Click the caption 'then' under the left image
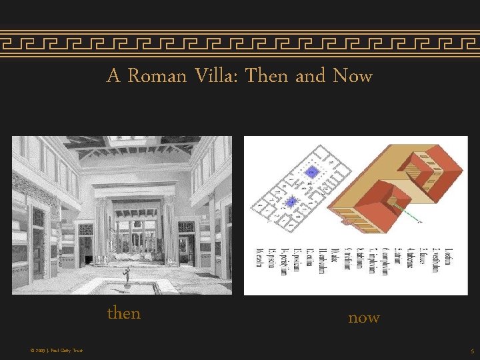coord(124,313)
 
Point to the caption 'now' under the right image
coord(364,318)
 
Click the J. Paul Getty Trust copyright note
coord(57,350)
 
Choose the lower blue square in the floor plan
coord(291,201)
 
